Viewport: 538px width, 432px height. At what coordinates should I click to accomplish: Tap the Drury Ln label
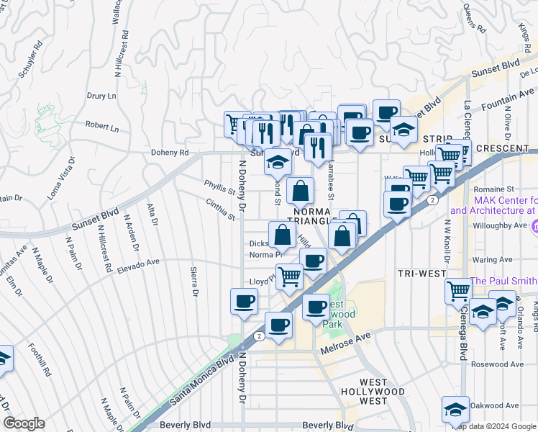tap(101, 96)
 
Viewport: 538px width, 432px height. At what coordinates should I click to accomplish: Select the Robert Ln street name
tap(102, 125)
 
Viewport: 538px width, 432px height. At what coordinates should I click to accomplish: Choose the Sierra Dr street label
tap(193, 281)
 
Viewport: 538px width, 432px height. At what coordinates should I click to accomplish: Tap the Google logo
tap(24, 423)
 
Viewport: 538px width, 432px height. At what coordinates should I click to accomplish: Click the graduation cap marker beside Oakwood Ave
tap(455, 408)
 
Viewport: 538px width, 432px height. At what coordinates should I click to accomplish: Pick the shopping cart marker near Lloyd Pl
tap(288, 275)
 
